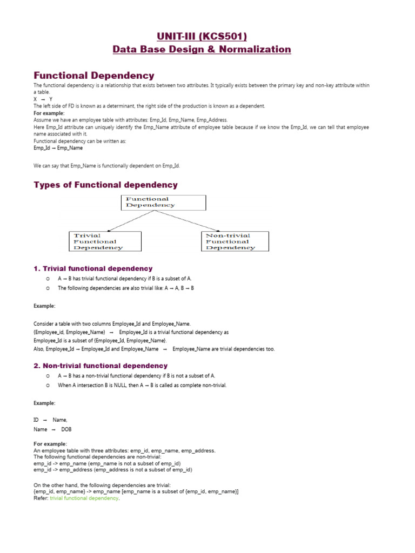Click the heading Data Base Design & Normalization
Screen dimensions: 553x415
click(202, 50)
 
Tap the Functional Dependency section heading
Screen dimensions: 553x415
click(94, 76)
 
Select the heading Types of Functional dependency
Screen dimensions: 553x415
click(105, 185)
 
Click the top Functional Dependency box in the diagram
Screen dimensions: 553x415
click(164, 203)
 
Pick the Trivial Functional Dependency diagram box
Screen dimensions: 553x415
click(105, 241)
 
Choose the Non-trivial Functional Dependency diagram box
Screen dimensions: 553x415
click(235, 241)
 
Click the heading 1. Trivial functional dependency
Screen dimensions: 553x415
click(93, 268)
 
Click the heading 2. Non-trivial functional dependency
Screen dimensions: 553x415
click(101, 366)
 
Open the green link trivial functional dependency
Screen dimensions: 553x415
click(84, 498)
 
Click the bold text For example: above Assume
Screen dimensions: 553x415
click(49, 113)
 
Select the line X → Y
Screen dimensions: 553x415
click(43, 99)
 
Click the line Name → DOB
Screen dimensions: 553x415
click(52, 429)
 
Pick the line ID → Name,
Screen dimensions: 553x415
click(50, 420)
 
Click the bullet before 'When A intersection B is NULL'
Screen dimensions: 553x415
click(48, 386)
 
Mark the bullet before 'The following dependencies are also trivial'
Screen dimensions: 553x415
click(48, 288)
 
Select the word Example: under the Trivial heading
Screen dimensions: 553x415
click(44, 306)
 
